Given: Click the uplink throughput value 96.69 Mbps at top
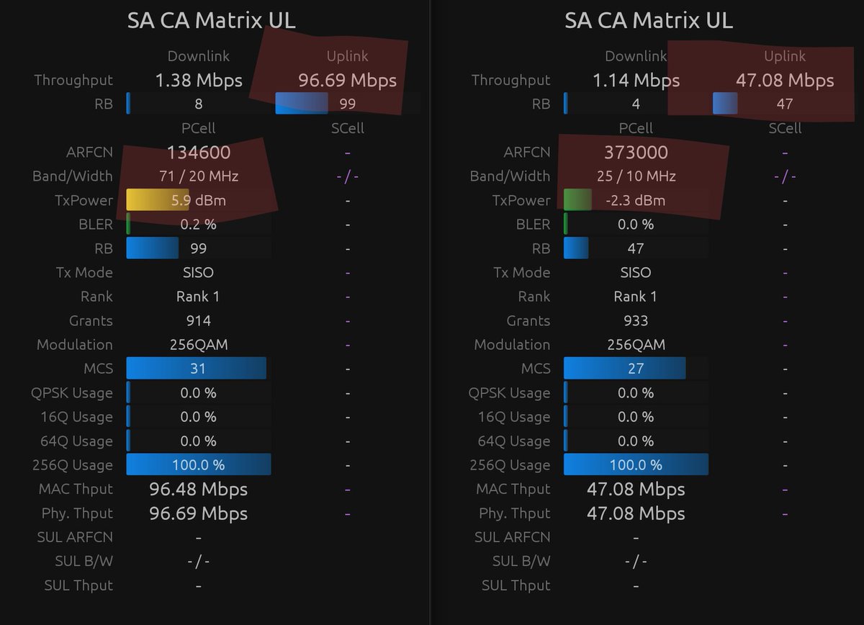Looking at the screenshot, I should (x=348, y=80).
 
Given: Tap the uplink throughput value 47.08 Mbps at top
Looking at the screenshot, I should (x=785, y=80).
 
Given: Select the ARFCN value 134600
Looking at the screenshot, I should (x=199, y=152).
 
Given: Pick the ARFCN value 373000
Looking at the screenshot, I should (x=636, y=152).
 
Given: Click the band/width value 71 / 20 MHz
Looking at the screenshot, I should (x=199, y=176).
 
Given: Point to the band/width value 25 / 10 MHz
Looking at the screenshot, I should (x=636, y=176).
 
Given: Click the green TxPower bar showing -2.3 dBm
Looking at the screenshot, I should (x=577, y=200).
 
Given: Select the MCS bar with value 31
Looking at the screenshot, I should (x=196, y=369).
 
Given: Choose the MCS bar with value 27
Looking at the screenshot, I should (x=624, y=369).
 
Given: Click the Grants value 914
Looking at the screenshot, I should (x=199, y=320).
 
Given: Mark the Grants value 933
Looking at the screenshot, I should (x=636, y=320).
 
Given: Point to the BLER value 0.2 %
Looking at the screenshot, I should (x=199, y=224).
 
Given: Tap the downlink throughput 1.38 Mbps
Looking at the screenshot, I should (x=199, y=80).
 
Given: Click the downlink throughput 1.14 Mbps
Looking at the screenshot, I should (x=636, y=80).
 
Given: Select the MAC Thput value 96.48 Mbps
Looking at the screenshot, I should (x=199, y=490).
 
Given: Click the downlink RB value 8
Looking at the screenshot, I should (x=199, y=104).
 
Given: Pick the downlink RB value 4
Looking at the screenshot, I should (x=636, y=104).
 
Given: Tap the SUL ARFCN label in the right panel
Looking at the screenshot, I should (x=512, y=537).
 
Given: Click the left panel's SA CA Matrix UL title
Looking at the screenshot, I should (x=211, y=20).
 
